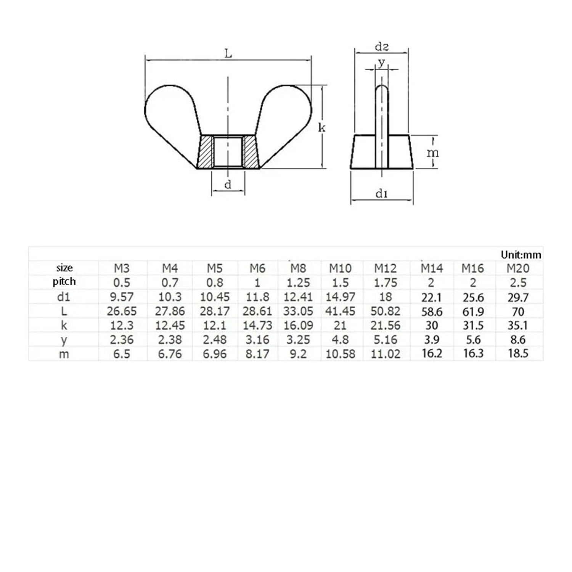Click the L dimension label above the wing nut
[228, 54]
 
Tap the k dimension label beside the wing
[322, 128]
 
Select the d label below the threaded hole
[228, 185]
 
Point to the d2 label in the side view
[382, 47]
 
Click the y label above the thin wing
[381, 62]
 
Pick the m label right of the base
[432, 153]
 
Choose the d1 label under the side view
[382, 194]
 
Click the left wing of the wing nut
[172, 111]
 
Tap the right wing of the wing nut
[286, 111]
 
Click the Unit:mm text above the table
[521, 255]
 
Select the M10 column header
[340, 268]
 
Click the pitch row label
[64, 282]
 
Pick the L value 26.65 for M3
[122, 311]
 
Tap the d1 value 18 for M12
[386, 297]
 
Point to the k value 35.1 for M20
[518, 326]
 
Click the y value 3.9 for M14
[432, 339]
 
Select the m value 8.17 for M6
[257, 354]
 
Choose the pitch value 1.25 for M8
[298, 283]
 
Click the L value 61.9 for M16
[473, 312]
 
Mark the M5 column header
[214, 268]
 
